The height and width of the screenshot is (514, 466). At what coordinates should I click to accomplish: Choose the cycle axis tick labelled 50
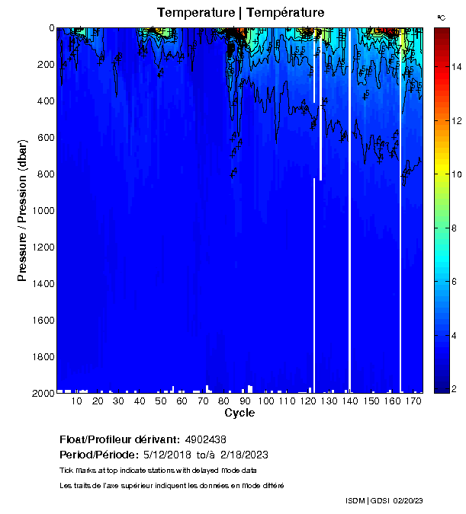159,401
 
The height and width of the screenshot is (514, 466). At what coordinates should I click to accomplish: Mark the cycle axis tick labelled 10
76,401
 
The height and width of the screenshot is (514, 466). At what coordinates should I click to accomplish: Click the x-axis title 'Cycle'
239,413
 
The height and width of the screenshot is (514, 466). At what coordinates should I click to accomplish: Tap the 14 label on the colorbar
455,67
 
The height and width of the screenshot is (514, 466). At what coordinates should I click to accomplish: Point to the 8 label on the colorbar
455,228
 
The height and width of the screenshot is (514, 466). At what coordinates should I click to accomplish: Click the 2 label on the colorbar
455,390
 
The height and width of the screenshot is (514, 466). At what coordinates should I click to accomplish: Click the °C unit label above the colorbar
441,16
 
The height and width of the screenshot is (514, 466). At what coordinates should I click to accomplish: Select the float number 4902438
205,440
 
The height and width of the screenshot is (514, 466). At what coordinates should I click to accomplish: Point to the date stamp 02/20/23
408,500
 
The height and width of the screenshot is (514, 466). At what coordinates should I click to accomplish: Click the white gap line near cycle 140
349,228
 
